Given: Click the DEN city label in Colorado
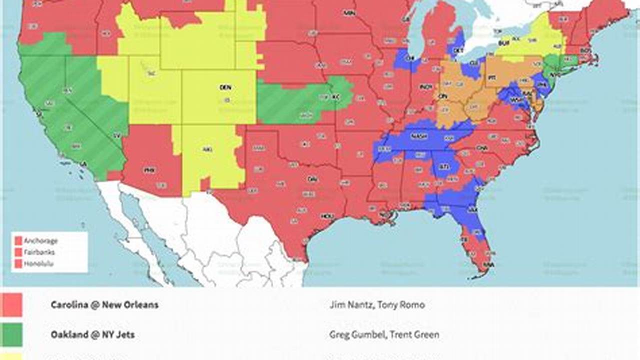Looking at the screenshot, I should (x=225, y=87).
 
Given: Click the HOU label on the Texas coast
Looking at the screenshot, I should (x=327, y=216).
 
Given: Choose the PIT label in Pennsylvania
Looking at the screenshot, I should (x=491, y=77).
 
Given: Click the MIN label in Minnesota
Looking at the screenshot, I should (x=349, y=13).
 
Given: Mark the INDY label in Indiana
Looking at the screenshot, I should (x=425, y=87).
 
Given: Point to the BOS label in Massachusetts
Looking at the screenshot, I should (x=585, y=50).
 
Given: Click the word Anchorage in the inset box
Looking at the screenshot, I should (x=41, y=240).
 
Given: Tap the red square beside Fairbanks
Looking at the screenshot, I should (x=19, y=252).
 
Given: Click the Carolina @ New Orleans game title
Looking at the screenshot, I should (x=105, y=304).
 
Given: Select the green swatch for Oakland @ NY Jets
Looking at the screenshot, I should (x=12, y=334).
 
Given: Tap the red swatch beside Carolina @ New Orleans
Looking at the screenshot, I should (x=12, y=304).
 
